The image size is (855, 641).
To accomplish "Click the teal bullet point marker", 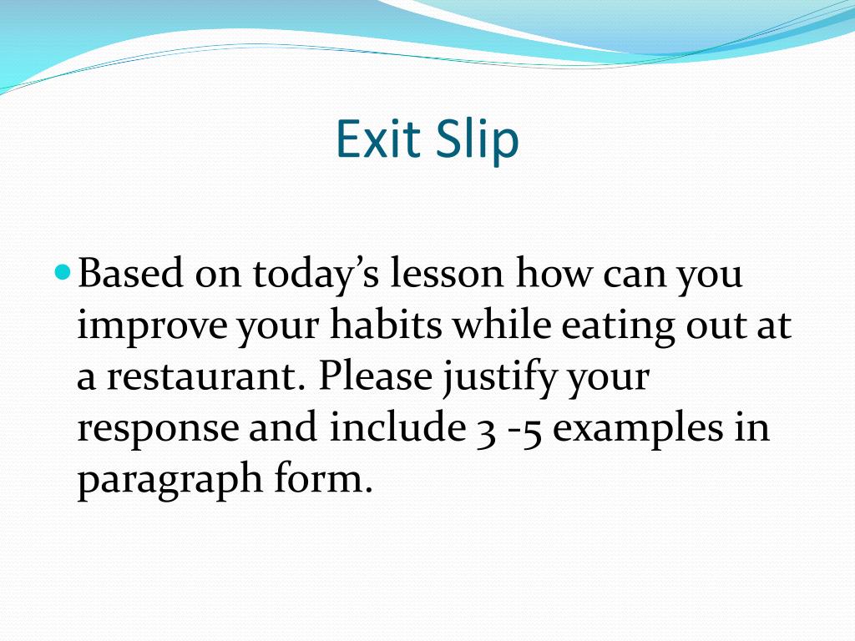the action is (x=63, y=270).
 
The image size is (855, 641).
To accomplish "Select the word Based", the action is (x=130, y=272).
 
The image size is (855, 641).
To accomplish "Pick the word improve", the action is (x=152, y=326).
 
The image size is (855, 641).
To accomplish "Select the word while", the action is (x=502, y=323).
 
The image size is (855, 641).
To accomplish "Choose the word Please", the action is (x=375, y=375).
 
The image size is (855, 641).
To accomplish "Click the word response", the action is (x=158, y=429).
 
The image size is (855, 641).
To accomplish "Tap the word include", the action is (x=397, y=426).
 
